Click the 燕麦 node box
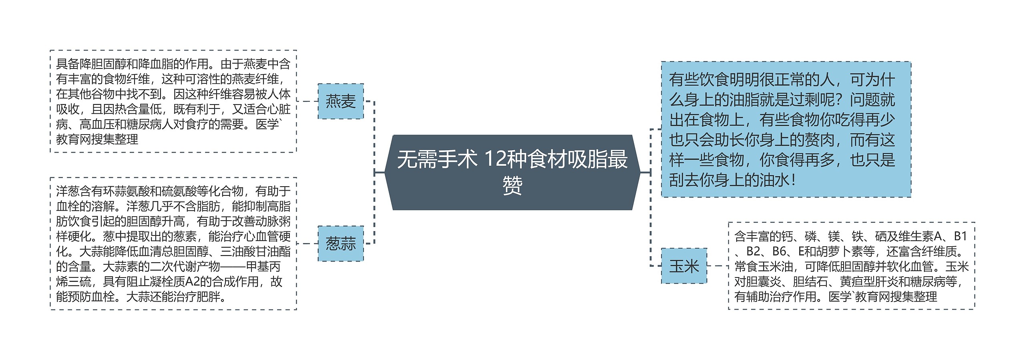pos(340,101)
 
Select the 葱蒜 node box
pos(340,243)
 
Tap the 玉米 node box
pos(684,266)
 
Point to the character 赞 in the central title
pos(512,186)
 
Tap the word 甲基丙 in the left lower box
pos(263,267)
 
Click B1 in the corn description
pos(960,237)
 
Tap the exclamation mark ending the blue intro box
pos(793,180)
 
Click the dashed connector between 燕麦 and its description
pos(307,101)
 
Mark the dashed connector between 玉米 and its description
pos(717,266)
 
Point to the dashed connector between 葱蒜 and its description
pos(307,243)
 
